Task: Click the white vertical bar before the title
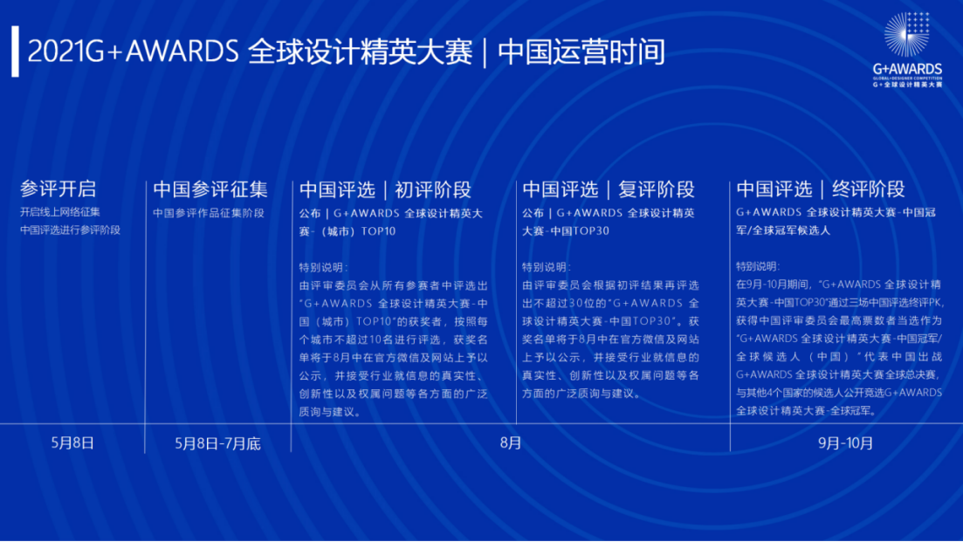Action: (x=16, y=51)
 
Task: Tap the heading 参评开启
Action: (x=58, y=189)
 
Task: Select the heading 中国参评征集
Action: (x=210, y=189)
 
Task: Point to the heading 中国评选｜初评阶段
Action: (x=385, y=189)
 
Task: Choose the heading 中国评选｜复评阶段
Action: (x=608, y=189)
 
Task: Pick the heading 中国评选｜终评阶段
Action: (x=821, y=189)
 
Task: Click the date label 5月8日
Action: (x=72, y=443)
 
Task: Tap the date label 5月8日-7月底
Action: (x=217, y=443)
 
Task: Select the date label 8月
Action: (x=511, y=443)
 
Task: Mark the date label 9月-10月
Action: (x=845, y=443)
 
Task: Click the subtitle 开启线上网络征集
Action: (x=60, y=212)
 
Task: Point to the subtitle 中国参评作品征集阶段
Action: (x=209, y=213)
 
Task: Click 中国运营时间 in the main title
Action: (x=581, y=51)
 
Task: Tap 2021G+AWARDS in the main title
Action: (x=133, y=51)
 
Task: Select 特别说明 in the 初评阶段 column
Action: (x=321, y=267)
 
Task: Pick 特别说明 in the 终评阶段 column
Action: (x=758, y=266)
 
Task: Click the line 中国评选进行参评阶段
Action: (x=70, y=230)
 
